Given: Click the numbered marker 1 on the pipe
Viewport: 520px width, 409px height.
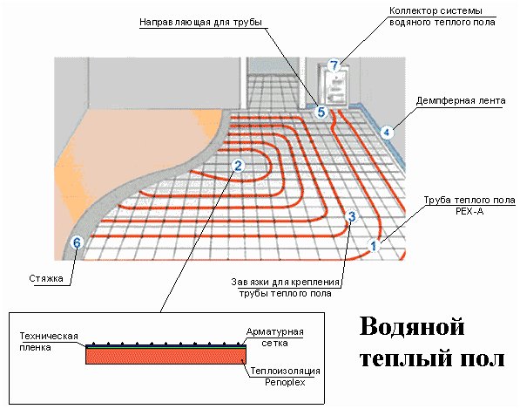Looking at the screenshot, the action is click(374, 246).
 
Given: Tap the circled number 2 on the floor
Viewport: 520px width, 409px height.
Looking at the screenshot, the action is click(238, 166).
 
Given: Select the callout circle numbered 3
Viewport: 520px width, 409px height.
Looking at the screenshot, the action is click(352, 216).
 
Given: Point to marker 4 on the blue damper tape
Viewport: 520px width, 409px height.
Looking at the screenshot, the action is click(387, 133).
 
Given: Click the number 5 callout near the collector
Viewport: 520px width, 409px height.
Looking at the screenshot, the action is click(321, 112).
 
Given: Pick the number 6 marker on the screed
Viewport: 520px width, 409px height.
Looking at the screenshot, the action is click(77, 242).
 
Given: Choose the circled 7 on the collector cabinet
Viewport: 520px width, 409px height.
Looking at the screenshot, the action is click(334, 65).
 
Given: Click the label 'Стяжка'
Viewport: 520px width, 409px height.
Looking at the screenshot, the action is click(46, 278).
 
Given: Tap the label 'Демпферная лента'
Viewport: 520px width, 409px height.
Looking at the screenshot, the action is click(461, 100).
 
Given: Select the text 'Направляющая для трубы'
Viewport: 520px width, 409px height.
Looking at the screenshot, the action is click(200, 23).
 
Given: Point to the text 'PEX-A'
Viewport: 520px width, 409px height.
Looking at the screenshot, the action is click(469, 211).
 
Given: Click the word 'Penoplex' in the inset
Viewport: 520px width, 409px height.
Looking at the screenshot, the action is click(285, 383).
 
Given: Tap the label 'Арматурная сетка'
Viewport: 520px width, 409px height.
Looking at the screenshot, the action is click(275, 337).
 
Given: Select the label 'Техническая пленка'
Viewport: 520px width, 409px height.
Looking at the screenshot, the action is click(49, 342).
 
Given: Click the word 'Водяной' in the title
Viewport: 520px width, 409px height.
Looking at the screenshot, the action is click(412, 327).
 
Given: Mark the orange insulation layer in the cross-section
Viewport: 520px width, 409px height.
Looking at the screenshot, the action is click(165, 356).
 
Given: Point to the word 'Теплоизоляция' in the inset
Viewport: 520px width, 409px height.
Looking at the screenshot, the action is click(285, 371).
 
